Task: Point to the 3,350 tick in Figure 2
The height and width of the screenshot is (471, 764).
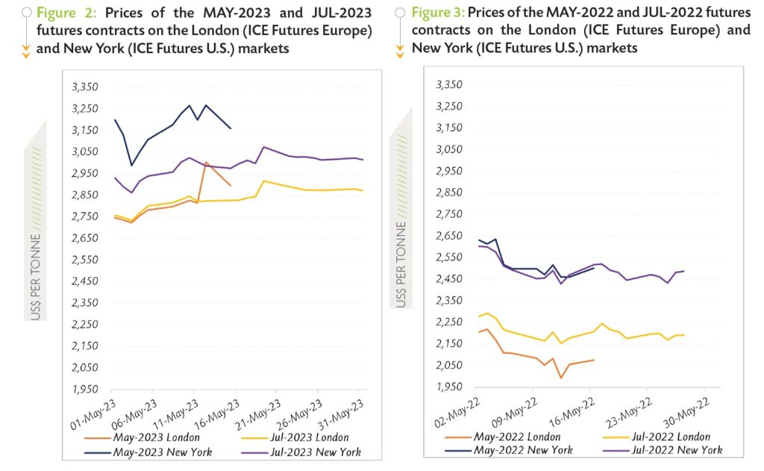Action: [x=84, y=87]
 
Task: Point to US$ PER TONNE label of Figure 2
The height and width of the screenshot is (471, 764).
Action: [x=35, y=277]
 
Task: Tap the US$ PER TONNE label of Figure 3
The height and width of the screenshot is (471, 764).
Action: [x=401, y=264]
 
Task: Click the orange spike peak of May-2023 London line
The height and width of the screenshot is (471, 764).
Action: [x=206, y=162]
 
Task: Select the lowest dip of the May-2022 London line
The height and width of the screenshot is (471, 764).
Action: [x=560, y=378]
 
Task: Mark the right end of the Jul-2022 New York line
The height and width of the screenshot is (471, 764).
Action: [x=684, y=271]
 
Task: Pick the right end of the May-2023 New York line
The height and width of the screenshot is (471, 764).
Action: [x=231, y=129]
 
